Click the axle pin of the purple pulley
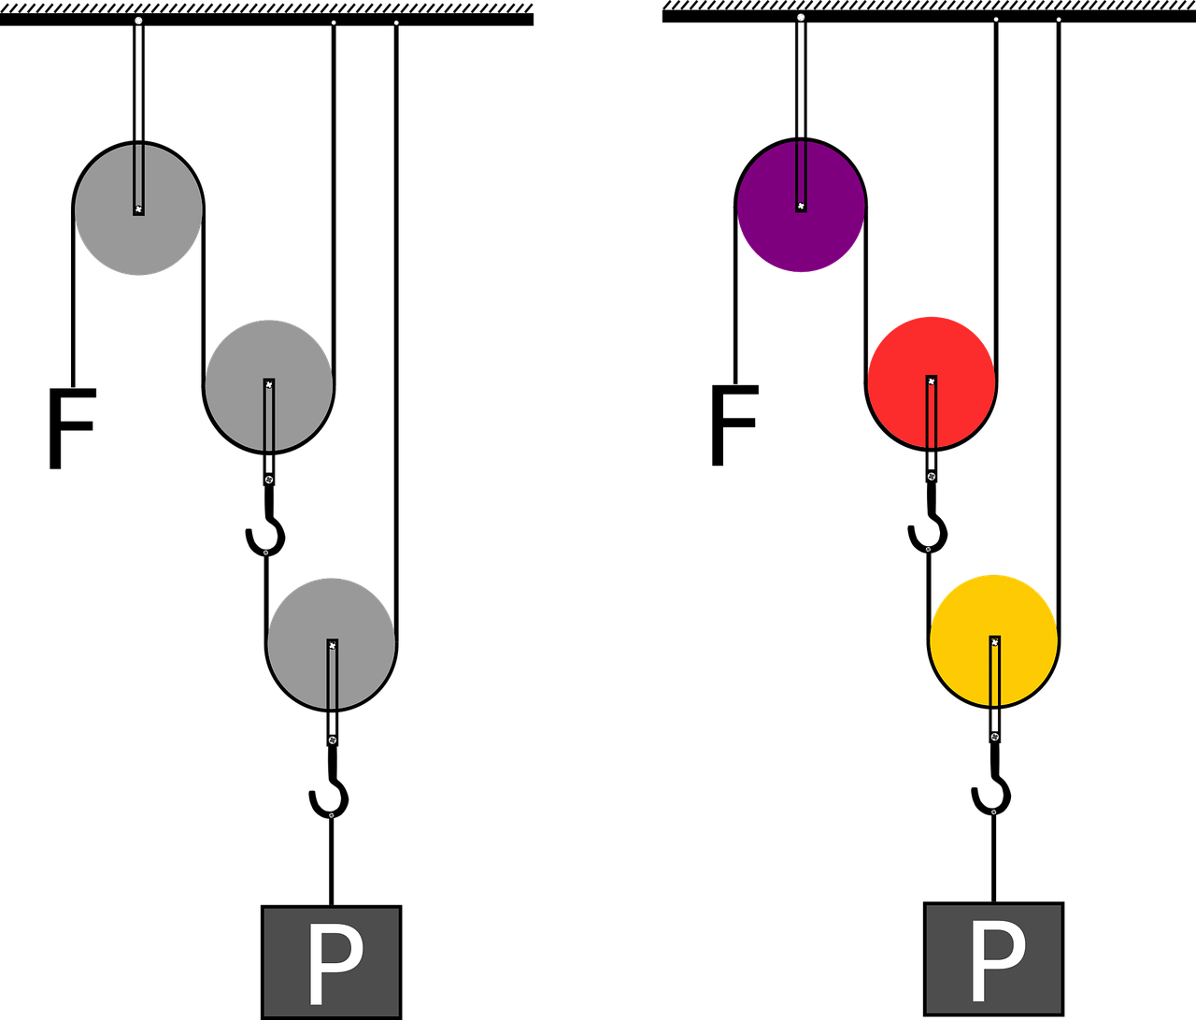pyautogui.click(x=801, y=206)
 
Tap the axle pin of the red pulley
pyautogui.click(x=931, y=381)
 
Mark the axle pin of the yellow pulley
pyautogui.click(x=994, y=642)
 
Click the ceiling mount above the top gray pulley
pyautogui.click(x=138, y=21)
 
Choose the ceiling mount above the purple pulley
pyautogui.click(x=801, y=18)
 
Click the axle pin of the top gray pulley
pyautogui.click(x=138, y=209)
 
